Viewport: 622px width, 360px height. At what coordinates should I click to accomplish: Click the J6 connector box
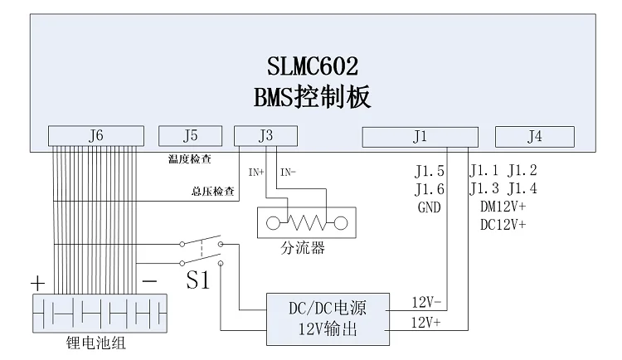pyautogui.click(x=95, y=135)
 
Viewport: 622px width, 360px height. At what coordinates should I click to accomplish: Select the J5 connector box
pyautogui.click(x=191, y=135)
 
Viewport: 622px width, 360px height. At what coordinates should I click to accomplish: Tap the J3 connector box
pyautogui.click(x=266, y=135)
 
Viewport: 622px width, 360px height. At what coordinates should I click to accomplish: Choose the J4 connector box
pyautogui.click(x=535, y=135)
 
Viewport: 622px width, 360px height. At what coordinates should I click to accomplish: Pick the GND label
pyautogui.click(x=429, y=207)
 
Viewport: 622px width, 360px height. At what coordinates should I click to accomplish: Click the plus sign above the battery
pyautogui.click(x=37, y=283)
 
